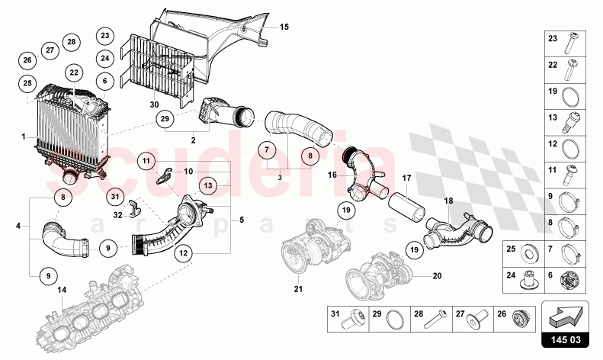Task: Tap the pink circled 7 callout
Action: pos(267,149)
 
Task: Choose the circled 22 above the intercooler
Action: pos(74,72)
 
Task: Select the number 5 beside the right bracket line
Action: pos(242,220)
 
